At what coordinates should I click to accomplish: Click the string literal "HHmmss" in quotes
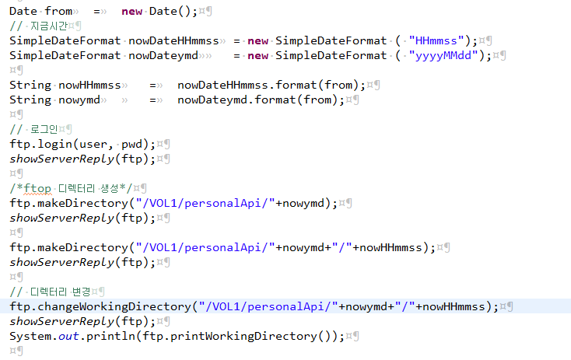tap(437, 40)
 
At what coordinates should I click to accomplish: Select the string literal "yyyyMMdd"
tap(444, 55)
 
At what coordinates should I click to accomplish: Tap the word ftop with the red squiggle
tap(34, 188)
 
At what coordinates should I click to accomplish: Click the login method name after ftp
tap(54, 144)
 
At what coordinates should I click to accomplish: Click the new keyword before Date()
tap(132, 11)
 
